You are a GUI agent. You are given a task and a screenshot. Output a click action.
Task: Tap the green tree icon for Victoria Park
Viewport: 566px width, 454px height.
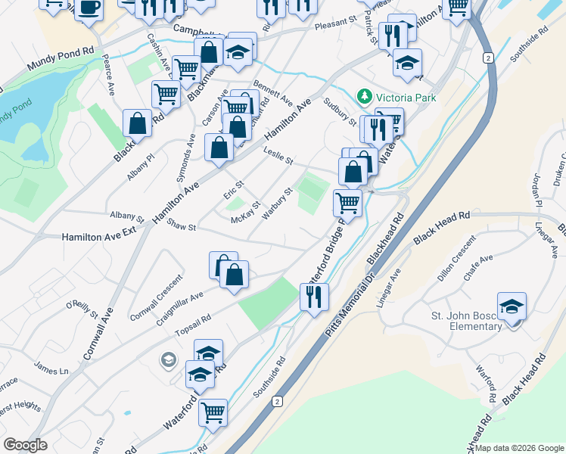click(365, 96)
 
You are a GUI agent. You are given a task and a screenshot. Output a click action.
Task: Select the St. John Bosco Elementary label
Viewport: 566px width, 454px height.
click(468, 321)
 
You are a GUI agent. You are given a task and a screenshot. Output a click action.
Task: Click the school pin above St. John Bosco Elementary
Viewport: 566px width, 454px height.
click(512, 306)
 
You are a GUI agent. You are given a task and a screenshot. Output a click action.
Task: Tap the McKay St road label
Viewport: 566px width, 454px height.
click(245, 212)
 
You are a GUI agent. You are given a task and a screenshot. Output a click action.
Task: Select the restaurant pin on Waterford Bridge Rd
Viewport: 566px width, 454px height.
click(314, 296)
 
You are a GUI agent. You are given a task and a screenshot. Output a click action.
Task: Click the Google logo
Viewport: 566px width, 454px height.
click(24, 444)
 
